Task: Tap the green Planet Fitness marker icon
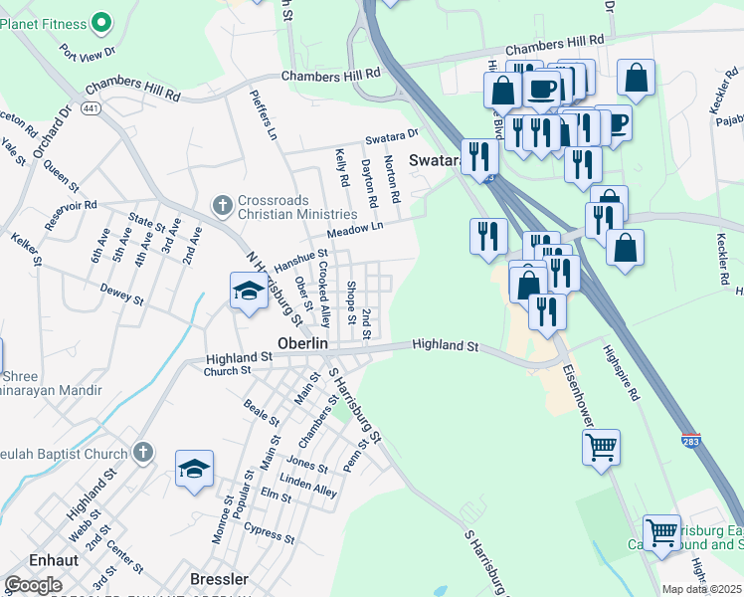pos(100,21)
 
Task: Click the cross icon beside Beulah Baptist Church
pos(143,453)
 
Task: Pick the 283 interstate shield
pos(690,437)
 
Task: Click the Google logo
pos(32,585)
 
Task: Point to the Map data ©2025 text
pos(702,589)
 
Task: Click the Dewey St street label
pos(122,296)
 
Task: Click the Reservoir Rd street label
pos(71,209)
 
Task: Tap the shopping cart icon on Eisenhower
pos(601,448)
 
